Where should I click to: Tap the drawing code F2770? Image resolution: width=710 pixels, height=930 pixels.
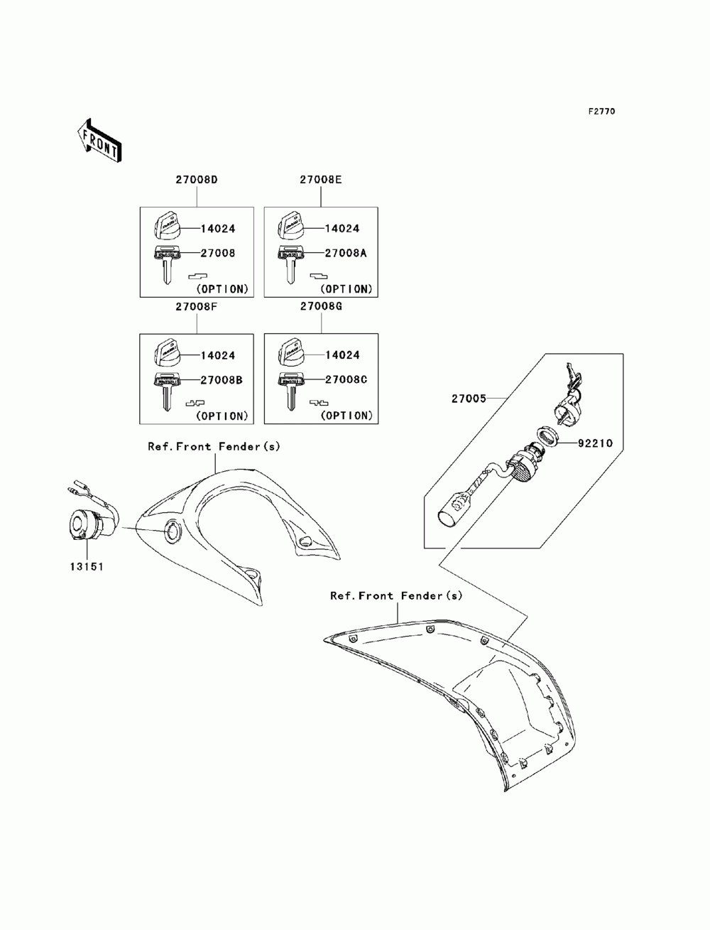[601, 112]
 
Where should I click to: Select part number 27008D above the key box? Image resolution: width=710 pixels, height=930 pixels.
[196, 180]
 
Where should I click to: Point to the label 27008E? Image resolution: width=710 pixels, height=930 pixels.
[320, 180]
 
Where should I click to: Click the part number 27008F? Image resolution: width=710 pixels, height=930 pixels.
[196, 307]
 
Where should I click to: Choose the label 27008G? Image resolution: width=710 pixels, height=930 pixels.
[321, 307]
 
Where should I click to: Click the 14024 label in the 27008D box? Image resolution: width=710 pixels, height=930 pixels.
[218, 229]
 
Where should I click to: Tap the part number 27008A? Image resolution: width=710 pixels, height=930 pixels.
[346, 253]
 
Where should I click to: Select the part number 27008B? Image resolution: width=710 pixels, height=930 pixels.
[222, 380]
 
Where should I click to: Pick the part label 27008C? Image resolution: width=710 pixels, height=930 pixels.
[346, 379]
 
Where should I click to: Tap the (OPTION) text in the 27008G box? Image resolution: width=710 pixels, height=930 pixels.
[346, 416]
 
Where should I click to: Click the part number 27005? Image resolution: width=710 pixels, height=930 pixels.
[469, 399]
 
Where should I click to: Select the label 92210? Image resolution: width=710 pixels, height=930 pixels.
[595, 443]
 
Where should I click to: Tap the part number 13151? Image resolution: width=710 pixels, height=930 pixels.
[86, 568]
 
